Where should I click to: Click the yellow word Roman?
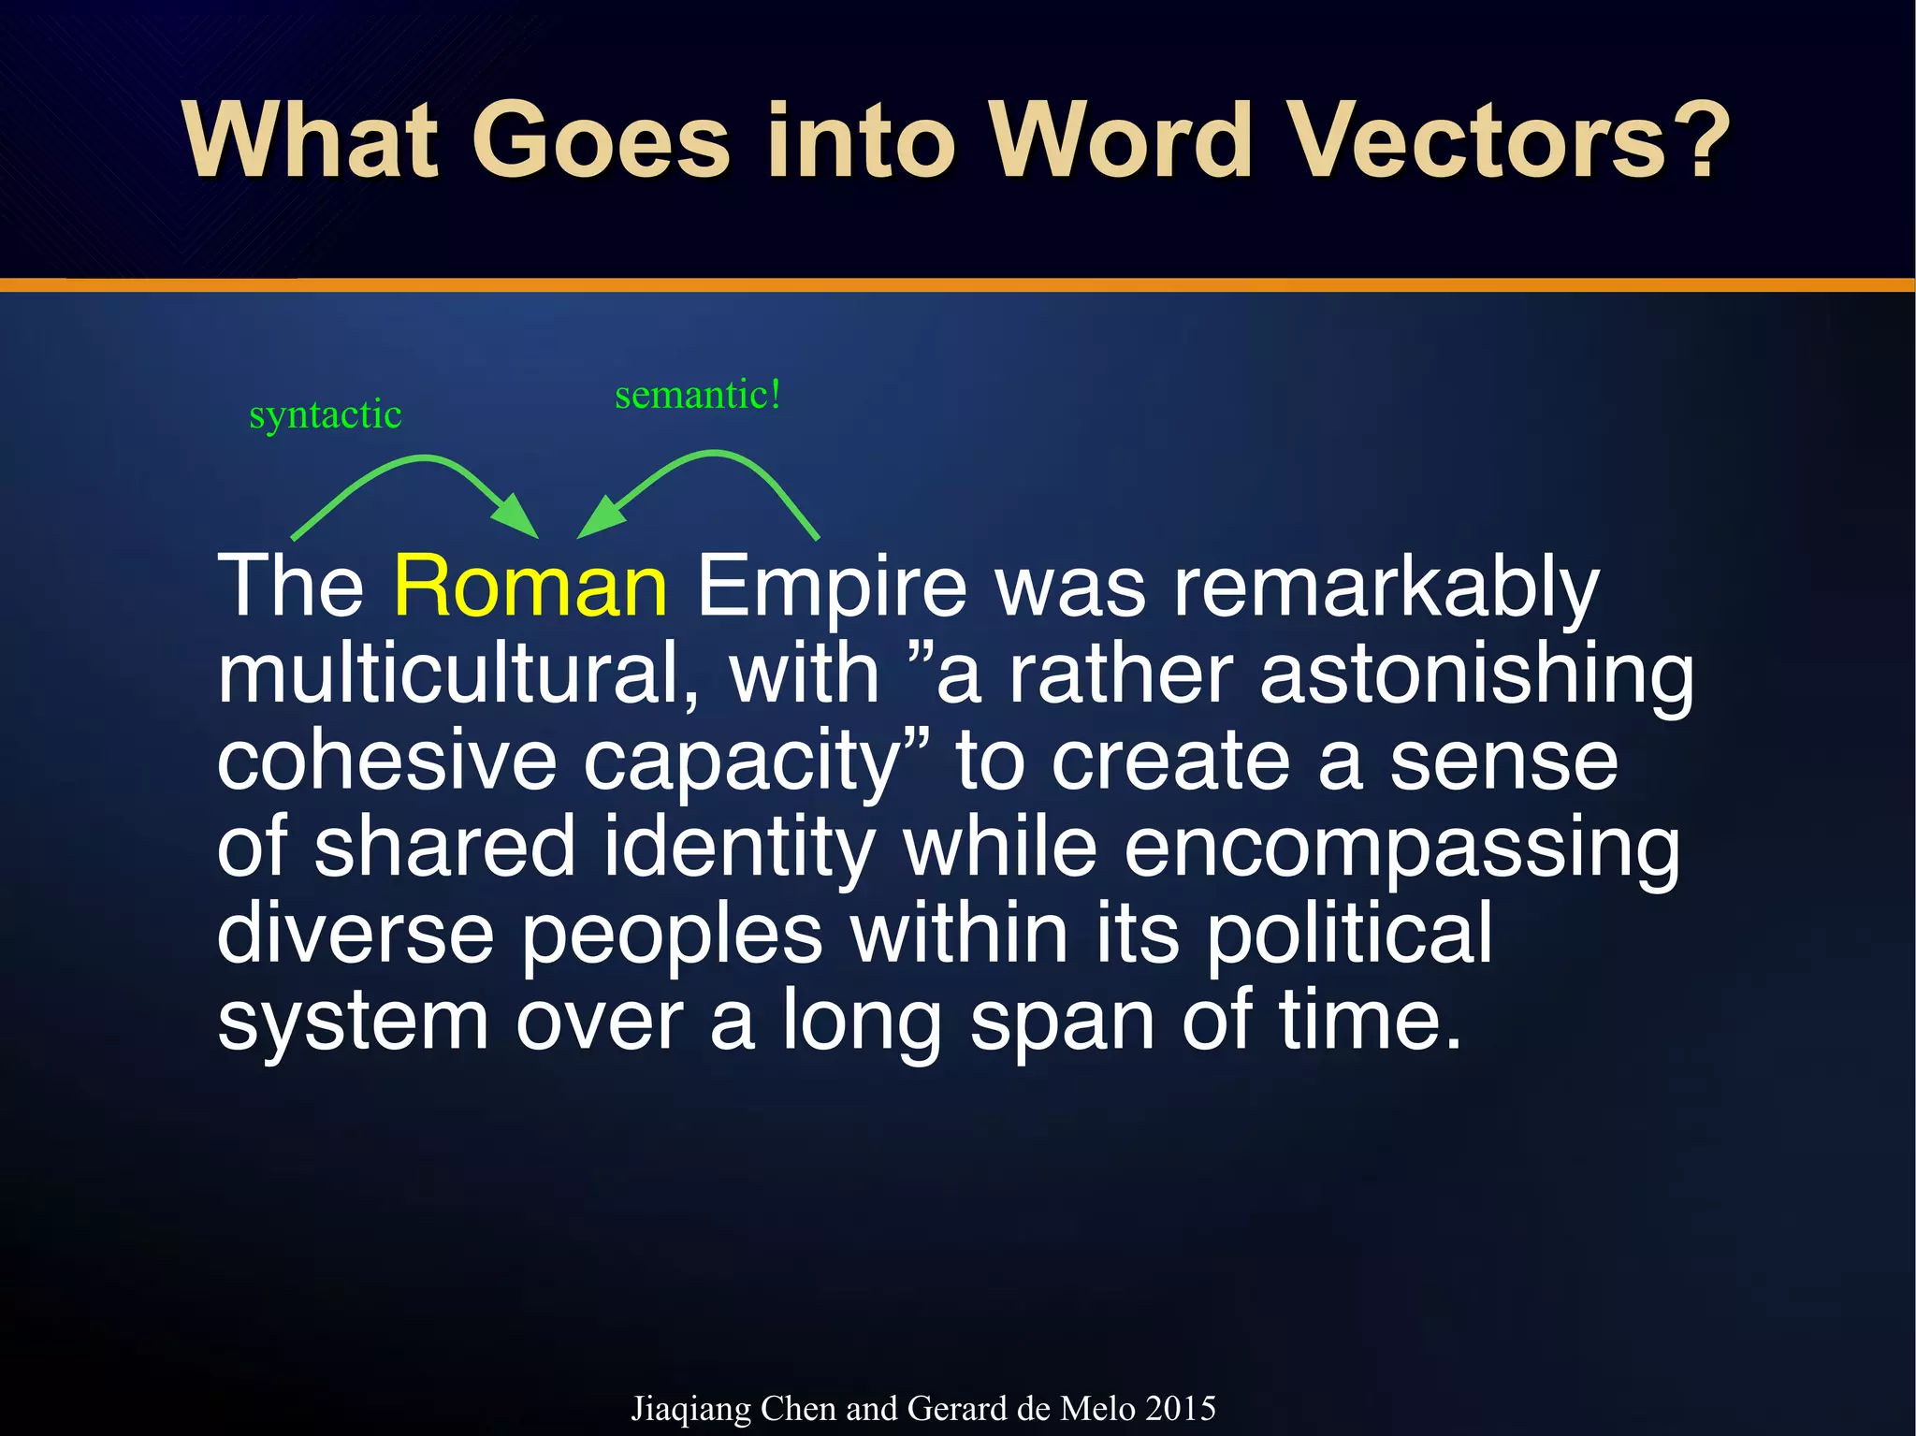click(x=530, y=587)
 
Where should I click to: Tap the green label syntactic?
click(x=325, y=414)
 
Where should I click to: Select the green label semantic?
click(x=697, y=395)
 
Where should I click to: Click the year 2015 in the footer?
click(x=1180, y=1409)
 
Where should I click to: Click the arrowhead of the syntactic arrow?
click(x=517, y=519)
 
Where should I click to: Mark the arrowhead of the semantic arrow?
click(x=599, y=519)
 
